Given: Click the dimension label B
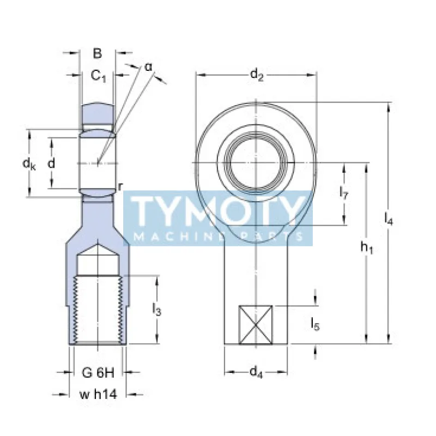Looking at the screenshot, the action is click(98, 53).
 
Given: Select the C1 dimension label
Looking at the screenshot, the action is click(99, 75).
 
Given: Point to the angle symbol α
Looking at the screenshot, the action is click(148, 67).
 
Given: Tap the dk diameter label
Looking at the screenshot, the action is click(29, 163).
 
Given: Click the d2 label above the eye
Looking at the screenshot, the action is click(257, 75).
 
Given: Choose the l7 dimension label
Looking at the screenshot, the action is click(344, 192).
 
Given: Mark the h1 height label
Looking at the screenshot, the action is click(366, 247).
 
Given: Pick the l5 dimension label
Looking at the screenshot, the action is click(316, 323).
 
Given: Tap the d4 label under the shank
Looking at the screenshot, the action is click(256, 372).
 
